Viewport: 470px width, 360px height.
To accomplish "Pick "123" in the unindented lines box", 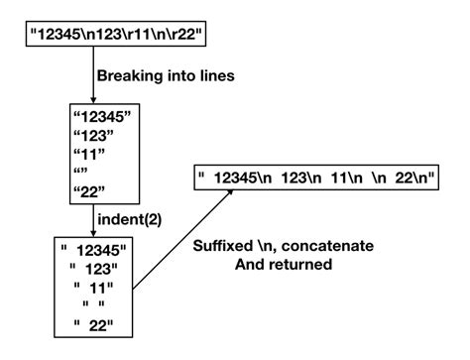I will pos(91,140).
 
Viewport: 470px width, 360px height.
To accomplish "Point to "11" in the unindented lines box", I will pos(87,159).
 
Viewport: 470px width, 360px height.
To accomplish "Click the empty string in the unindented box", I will pos(81,177).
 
